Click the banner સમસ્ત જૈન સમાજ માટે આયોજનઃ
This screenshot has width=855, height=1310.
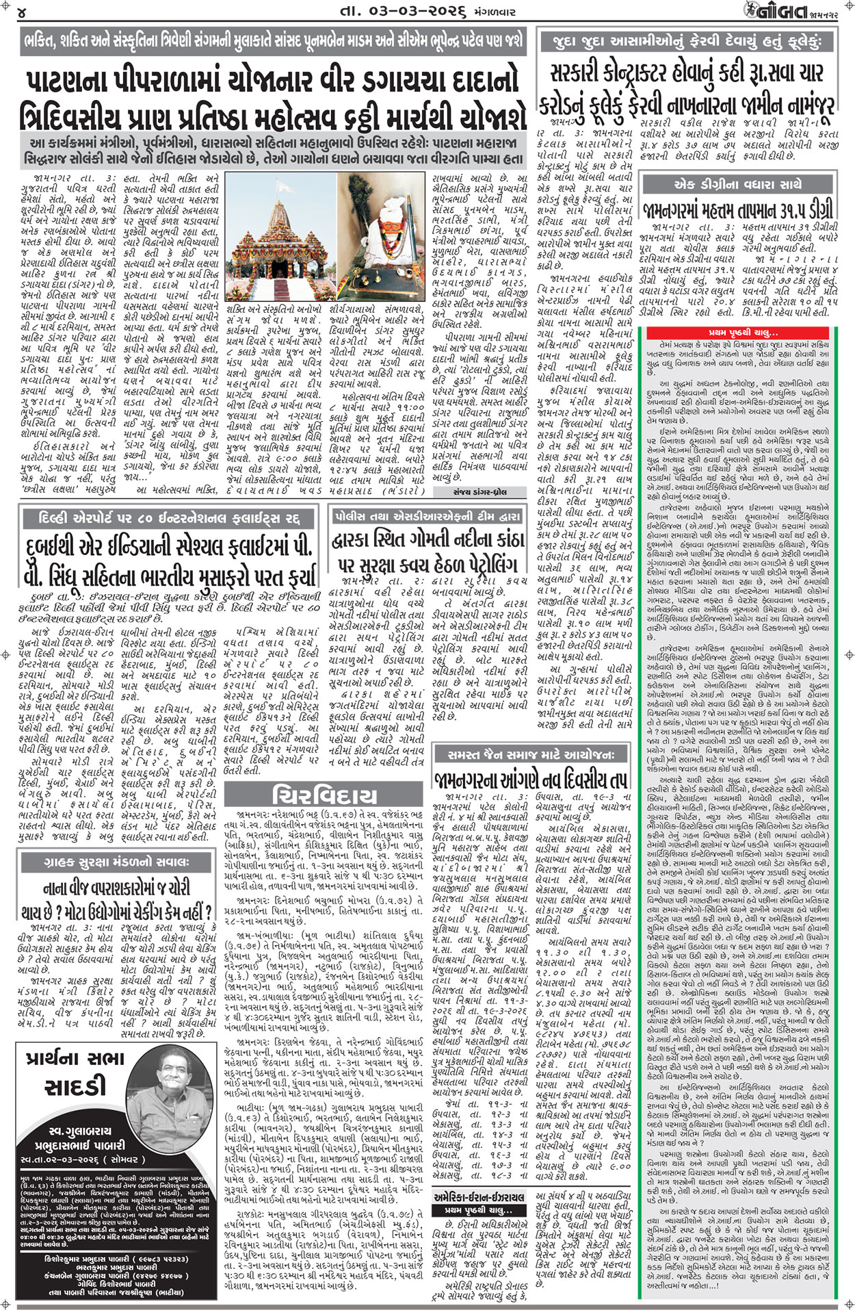(530, 754)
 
